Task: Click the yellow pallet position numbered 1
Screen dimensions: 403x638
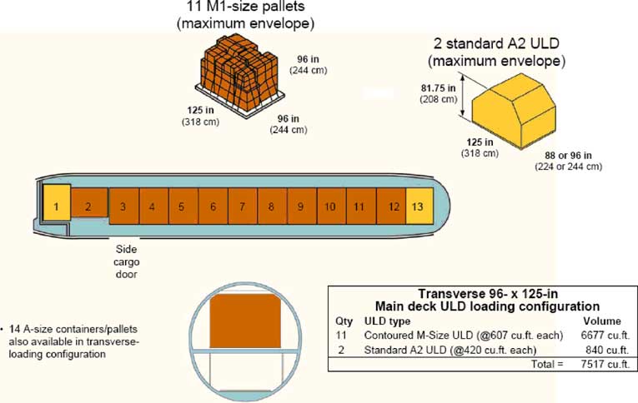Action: click(x=55, y=206)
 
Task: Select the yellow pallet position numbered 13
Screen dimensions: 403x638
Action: click(x=419, y=206)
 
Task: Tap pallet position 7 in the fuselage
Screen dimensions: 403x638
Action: click(x=242, y=206)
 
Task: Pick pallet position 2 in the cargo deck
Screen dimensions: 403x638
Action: click(x=88, y=206)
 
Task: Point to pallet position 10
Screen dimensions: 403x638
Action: click(x=329, y=206)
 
